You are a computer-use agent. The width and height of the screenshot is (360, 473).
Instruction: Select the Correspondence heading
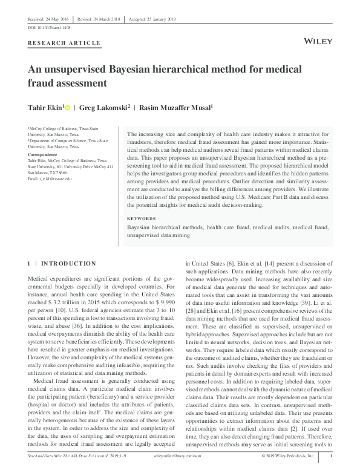(x=44, y=154)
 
